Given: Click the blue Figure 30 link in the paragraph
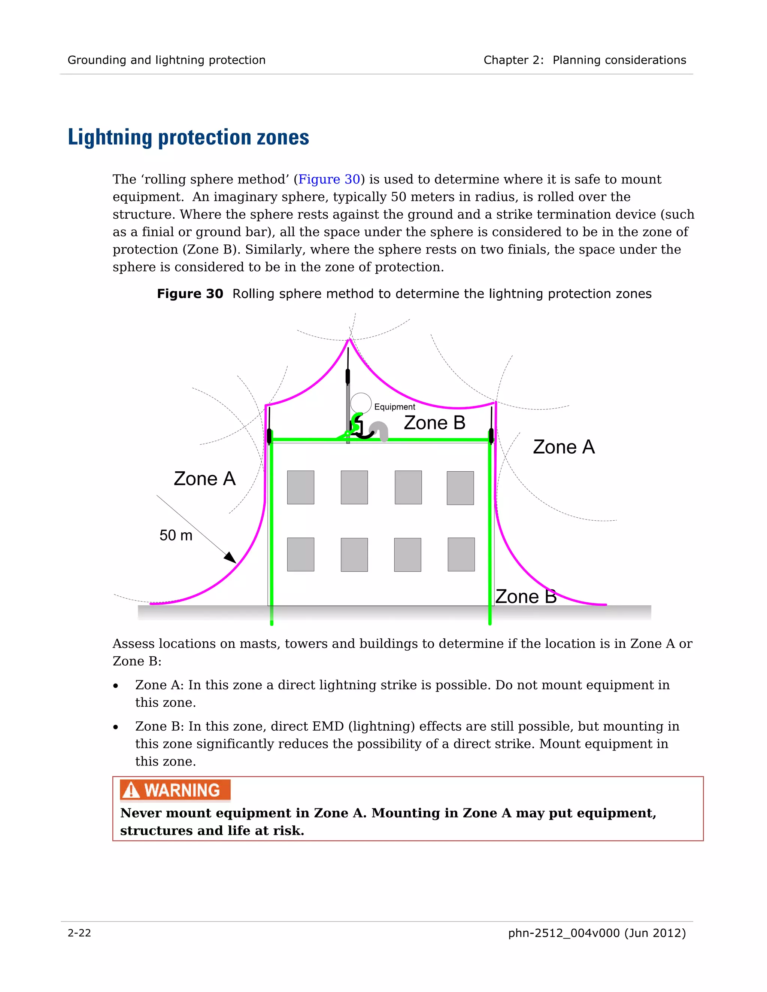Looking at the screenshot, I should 329,179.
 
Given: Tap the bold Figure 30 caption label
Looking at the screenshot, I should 190,294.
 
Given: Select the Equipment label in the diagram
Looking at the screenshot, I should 394,407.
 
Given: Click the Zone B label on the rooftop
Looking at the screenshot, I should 434,423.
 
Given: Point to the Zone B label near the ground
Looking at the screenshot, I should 526,596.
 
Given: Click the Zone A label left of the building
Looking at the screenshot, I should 204,479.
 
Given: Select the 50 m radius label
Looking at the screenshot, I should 176,536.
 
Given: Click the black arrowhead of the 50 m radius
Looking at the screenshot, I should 230,558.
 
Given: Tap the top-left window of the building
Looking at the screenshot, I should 300,487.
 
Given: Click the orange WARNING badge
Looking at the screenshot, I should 175,790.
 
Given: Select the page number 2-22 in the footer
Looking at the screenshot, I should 79,933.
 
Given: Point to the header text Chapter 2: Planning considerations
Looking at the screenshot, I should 584,60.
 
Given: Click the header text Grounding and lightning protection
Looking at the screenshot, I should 166,60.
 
